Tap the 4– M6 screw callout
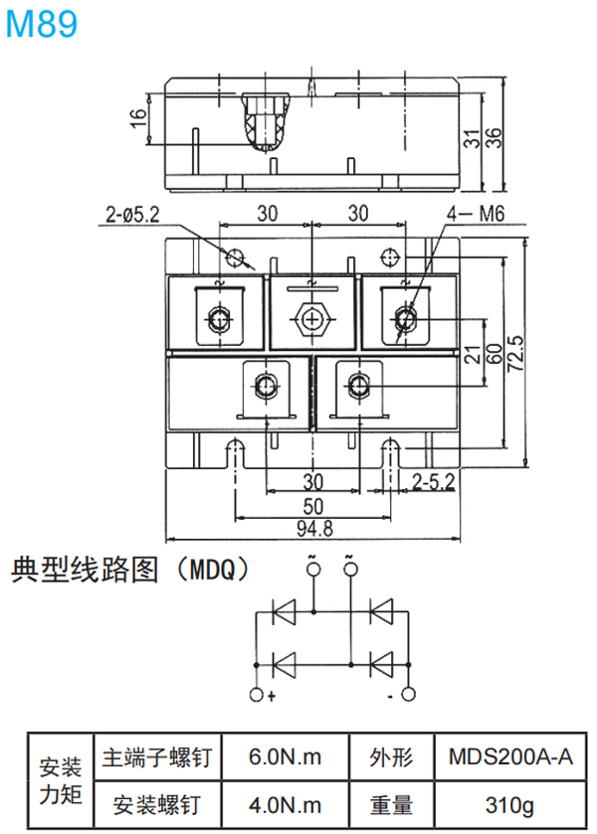click(478, 214)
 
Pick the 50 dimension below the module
click(313, 505)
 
